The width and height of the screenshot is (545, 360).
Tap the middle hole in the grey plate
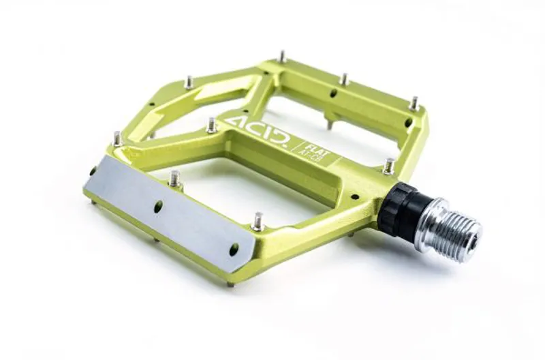click(158, 205)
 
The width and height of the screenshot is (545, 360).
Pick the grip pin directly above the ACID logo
click(212, 125)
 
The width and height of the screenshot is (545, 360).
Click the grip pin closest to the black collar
click(389, 166)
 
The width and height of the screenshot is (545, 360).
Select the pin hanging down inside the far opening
click(330, 125)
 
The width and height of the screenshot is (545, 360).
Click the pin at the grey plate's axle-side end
click(258, 222)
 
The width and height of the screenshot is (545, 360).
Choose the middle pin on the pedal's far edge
click(344, 80)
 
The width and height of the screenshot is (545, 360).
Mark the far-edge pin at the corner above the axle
click(414, 104)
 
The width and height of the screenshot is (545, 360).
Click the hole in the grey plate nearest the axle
click(234, 250)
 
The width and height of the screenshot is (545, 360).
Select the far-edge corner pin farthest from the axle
click(281, 57)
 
